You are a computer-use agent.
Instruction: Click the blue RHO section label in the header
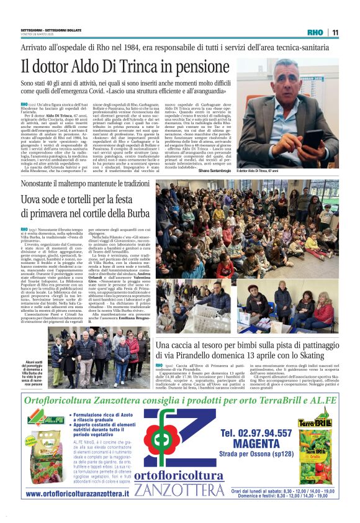coord(316,32)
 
